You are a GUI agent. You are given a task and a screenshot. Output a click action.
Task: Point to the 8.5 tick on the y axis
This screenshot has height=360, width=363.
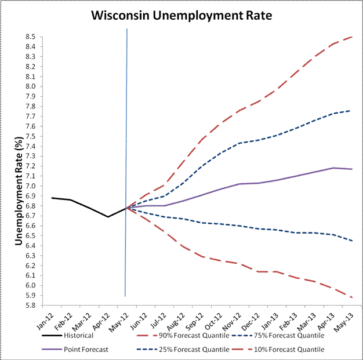tap(30, 37)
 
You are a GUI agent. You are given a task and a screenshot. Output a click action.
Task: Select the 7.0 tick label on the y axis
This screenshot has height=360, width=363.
tap(30, 186)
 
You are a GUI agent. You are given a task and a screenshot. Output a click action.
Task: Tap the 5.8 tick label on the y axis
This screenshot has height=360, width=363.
tap(30, 306)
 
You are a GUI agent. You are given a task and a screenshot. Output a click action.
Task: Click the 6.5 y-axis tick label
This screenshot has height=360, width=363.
tap(30, 236)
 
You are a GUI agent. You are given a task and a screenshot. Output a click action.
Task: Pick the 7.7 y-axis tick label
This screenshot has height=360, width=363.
tap(30, 116)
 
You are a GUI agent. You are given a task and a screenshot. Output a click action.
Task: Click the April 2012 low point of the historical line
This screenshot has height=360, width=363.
tap(108, 217)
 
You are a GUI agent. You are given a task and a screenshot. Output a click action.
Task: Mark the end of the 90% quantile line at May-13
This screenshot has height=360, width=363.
tap(353, 37)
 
